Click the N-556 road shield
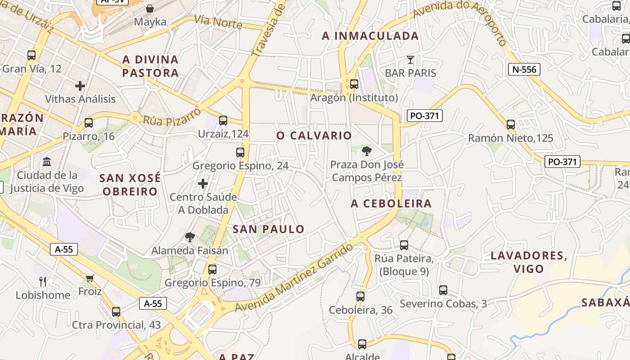tap(524, 69)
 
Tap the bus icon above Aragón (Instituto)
tap(354, 84)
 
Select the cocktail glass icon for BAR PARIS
tap(410, 59)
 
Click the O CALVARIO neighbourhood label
tap(314, 135)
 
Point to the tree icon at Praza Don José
tap(367, 151)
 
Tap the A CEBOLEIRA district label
tap(391, 203)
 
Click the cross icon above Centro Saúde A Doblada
tap(203, 184)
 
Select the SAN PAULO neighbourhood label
tap(268, 229)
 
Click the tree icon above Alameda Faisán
tap(190, 237)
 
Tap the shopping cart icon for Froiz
tap(90, 278)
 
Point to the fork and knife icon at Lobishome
tap(43, 282)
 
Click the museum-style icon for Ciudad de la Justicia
tap(47, 162)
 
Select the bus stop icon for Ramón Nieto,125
tap(510, 125)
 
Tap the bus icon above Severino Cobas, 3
tap(443, 290)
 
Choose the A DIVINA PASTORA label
tap(151, 66)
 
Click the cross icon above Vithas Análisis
tap(80, 85)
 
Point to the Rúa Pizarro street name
tap(171, 117)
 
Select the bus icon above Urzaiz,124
tap(223, 120)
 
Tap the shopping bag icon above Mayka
tap(150, 9)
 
